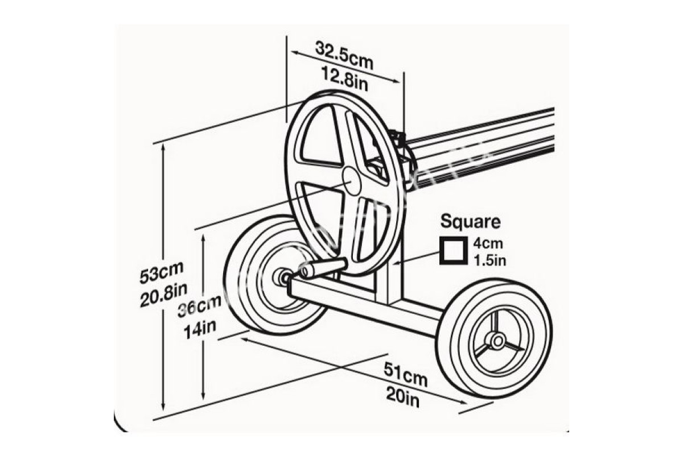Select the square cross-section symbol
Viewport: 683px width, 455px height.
[452, 251]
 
